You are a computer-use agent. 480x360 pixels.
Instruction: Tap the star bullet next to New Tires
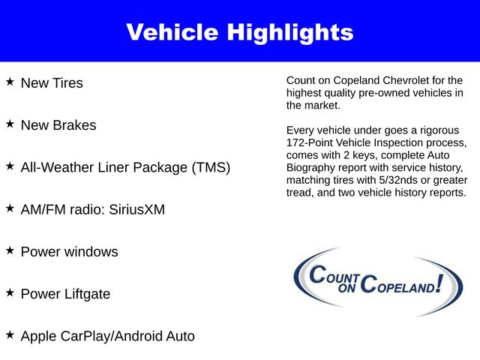(x=10, y=80)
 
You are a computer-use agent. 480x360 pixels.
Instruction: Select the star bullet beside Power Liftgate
(x=10, y=292)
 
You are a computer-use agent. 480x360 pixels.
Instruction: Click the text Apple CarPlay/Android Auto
(x=107, y=337)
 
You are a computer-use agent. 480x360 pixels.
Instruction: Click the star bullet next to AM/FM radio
(x=10, y=207)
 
